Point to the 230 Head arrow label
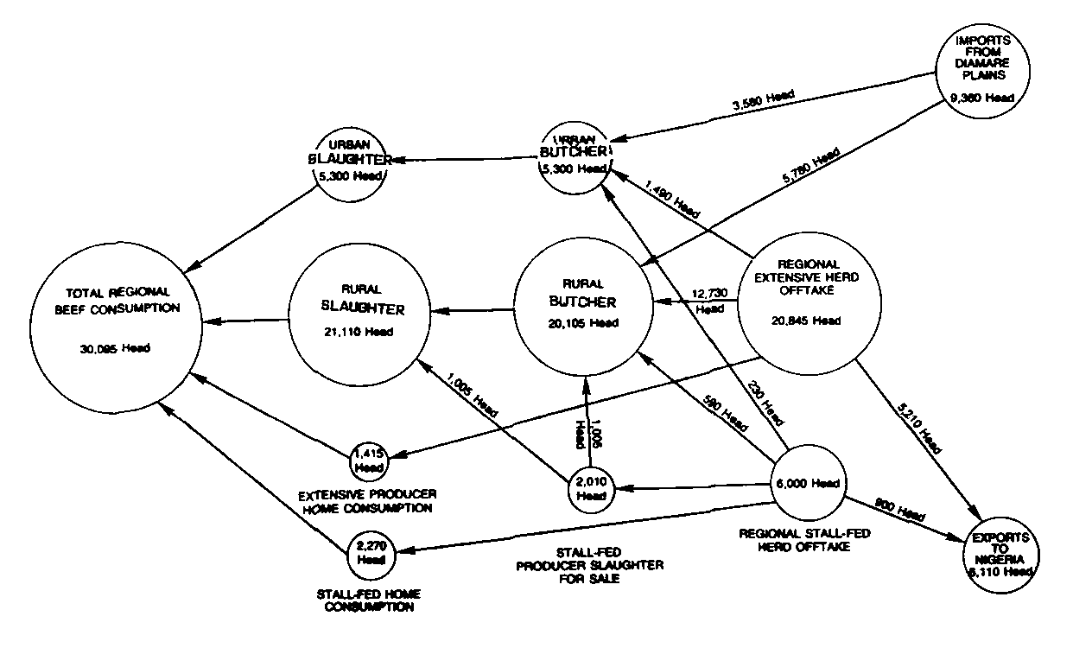pos(766,402)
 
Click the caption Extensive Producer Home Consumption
pos(367,501)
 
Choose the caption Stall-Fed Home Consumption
pos(367,600)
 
